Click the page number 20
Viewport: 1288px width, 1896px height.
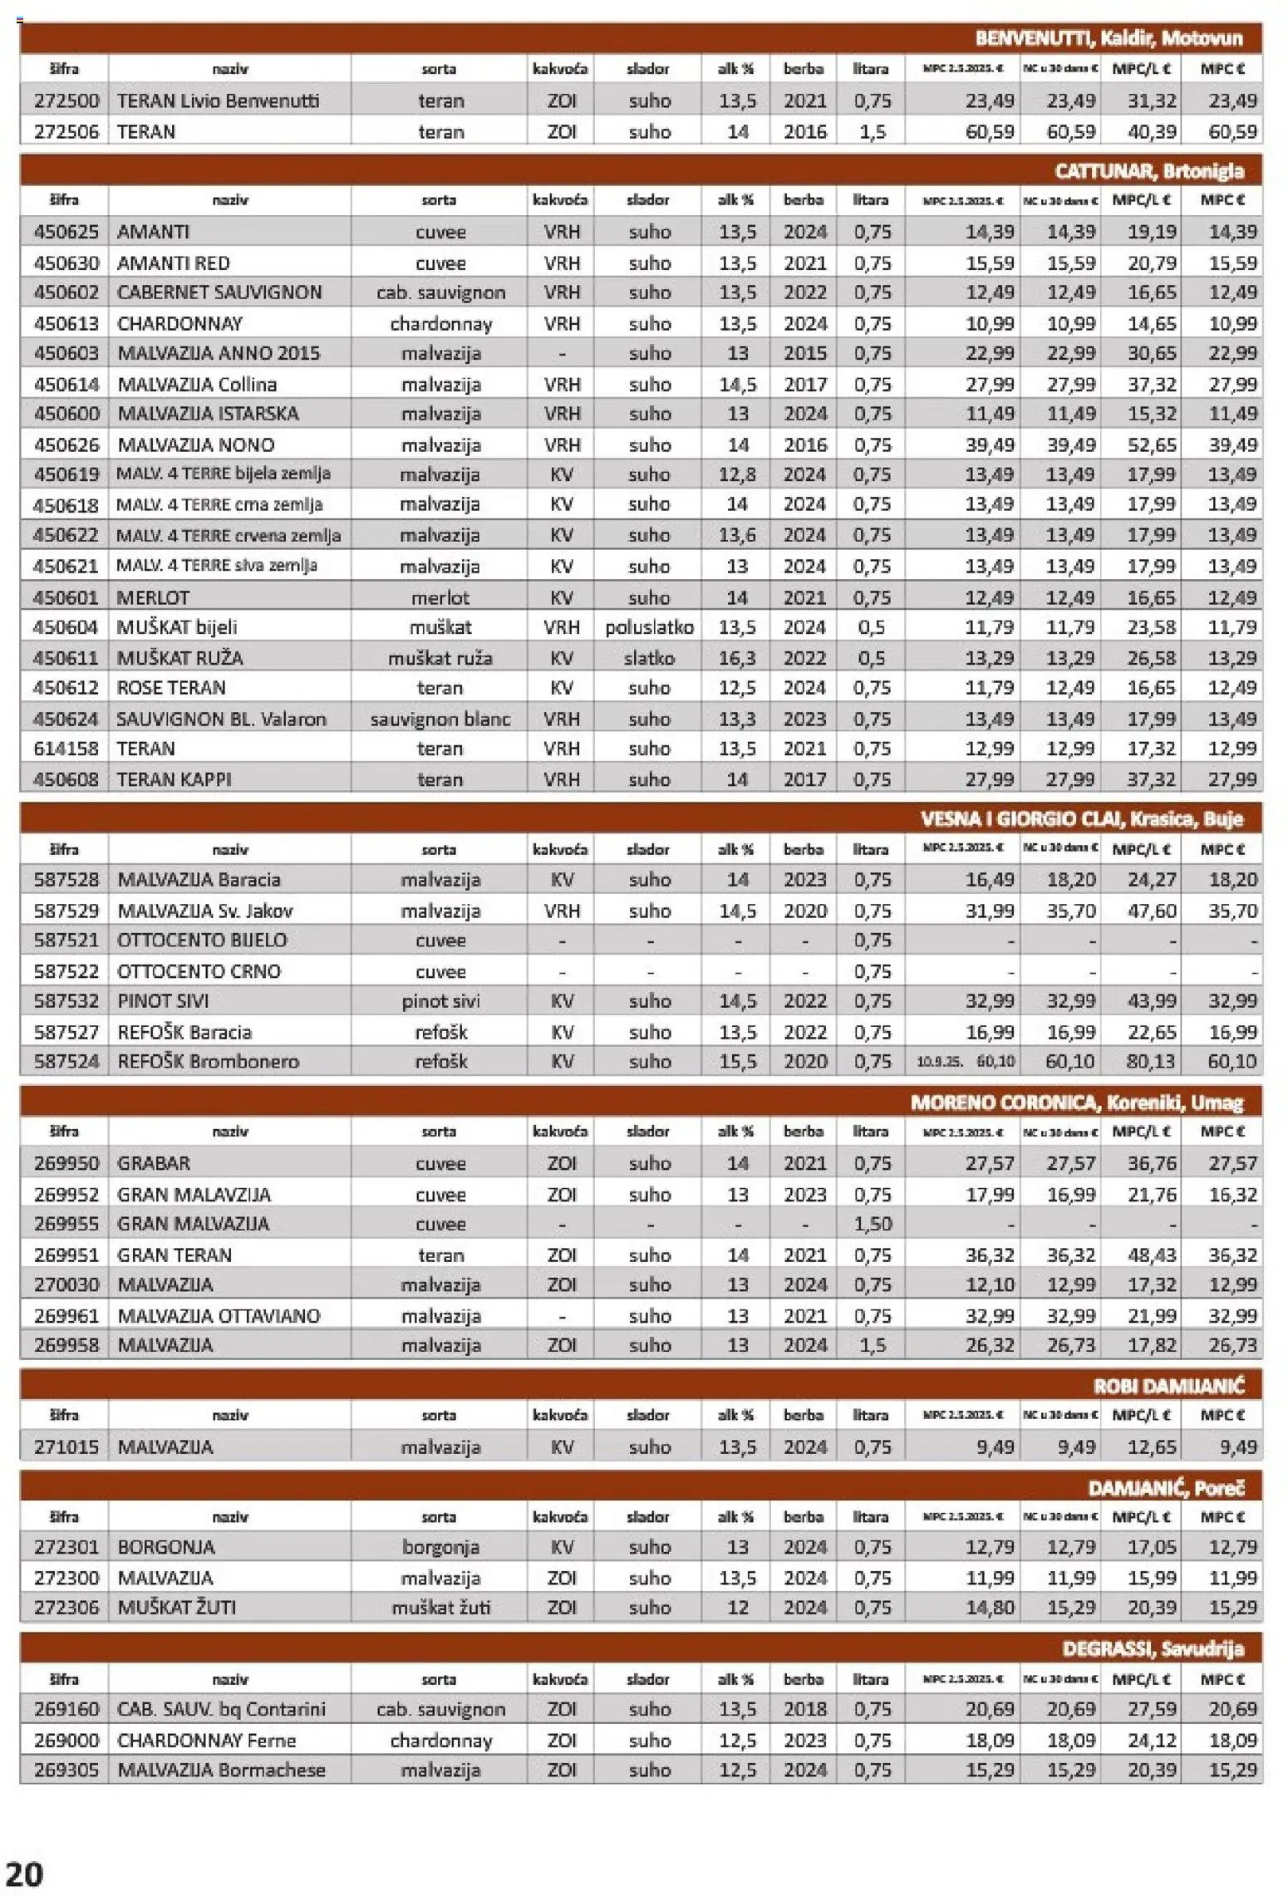(24, 1874)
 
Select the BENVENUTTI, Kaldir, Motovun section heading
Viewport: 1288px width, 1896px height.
(1109, 38)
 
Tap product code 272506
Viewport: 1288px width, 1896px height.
(66, 131)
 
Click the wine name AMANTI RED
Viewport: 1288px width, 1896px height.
(174, 263)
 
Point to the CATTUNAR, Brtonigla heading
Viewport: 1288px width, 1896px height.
(1149, 171)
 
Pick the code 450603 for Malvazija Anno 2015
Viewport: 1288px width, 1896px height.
(66, 353)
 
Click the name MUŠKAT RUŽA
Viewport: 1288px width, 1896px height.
(179, 658)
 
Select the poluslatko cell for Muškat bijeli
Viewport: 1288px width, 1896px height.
(649, 627)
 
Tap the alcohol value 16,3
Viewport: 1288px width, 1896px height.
(737, 658)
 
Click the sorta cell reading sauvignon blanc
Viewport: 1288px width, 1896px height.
(440, 719)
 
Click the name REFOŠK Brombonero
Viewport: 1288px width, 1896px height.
(208, 1061)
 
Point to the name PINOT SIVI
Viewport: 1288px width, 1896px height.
(163, 1000)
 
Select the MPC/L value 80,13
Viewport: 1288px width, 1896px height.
(1151, 1061)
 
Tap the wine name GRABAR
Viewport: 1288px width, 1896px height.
(154, 1163)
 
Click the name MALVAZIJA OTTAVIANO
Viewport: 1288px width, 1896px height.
(219, 1315)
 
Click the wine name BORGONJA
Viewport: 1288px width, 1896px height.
(166, 1547)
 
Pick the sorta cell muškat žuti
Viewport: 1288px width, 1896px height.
(440, 1607)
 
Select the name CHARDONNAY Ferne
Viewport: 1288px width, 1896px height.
(206, 1740)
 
